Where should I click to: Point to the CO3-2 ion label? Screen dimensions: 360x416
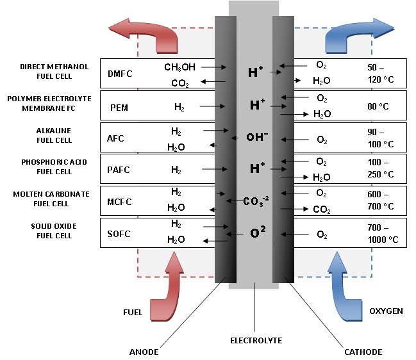(x=256, y=201)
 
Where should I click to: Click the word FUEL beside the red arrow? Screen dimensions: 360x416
(x=133, y=312)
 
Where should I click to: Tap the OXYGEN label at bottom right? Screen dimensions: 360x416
(x=386, y=311)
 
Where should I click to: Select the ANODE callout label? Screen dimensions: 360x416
(x=144, y=352)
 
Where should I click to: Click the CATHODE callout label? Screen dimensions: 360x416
(x=363, y=352)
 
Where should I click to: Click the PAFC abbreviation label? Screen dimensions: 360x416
(x=119, y=170)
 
